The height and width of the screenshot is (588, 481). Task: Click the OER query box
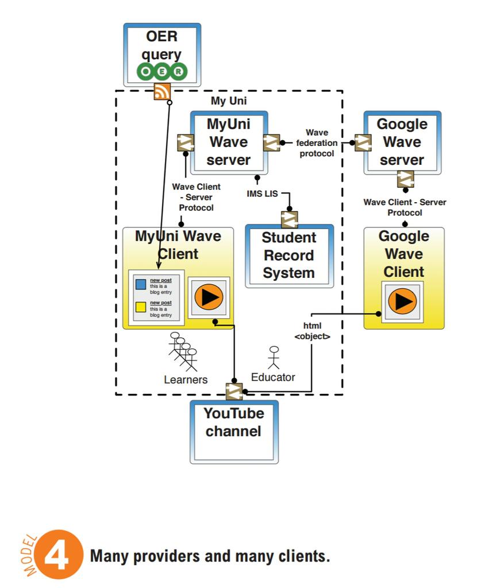click(x=162, y=55)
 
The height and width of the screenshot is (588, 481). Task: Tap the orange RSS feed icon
click(x=162, y=91)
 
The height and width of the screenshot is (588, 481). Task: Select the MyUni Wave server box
click(x=229, y=142)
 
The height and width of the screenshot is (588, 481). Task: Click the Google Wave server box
click(x=402, y=142)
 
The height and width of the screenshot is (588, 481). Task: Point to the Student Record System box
click(x=289, y=256)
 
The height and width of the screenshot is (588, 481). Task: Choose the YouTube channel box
click(x=234, y=432)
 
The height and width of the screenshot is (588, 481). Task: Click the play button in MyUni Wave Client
click(x=209, y=297)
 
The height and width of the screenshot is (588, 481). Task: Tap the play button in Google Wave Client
click(x=402, y=301)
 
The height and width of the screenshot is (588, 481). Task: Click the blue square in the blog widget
click(x=141, y=284)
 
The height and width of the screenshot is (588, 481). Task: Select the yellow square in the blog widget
click(x=141, y=307)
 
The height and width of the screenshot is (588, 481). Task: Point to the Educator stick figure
click(x=274, y=358)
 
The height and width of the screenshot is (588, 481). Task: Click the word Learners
click(x=186, y=380)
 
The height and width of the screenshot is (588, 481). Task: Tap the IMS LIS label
click(x=262, y=194)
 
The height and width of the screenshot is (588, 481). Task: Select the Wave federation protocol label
click(x=317, y=143)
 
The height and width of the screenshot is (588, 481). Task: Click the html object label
click(x=312, y=331)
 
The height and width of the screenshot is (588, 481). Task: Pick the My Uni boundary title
click(x=229, y=100)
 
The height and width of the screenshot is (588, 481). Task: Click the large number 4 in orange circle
click(x=57, y=555)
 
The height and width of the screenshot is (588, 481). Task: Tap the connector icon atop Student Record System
click(x=289, y=220)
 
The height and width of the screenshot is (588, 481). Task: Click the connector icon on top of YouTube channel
click(x=234, y=392)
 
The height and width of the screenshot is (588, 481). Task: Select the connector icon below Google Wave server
click(x=406, y=179)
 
